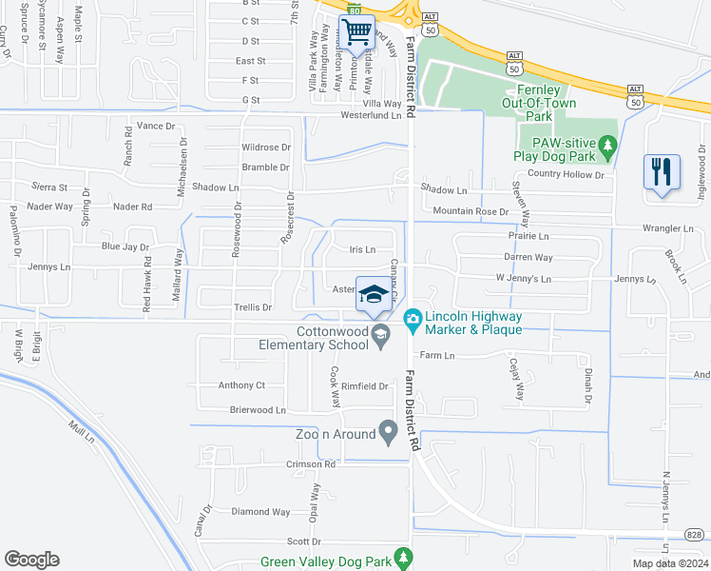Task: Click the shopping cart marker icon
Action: pos(356,32)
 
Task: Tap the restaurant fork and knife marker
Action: pos(662,172)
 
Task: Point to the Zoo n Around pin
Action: pos(388,433)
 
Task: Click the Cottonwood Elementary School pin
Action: pos(380,333)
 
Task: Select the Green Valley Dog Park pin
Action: pos(404,558)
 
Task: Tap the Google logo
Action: pos(31,560)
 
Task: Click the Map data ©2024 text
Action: pos(670,563)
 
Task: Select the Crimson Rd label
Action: pos(311,465)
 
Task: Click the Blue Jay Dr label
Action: pos(125,246)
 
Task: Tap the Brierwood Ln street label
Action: pos(258,410)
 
